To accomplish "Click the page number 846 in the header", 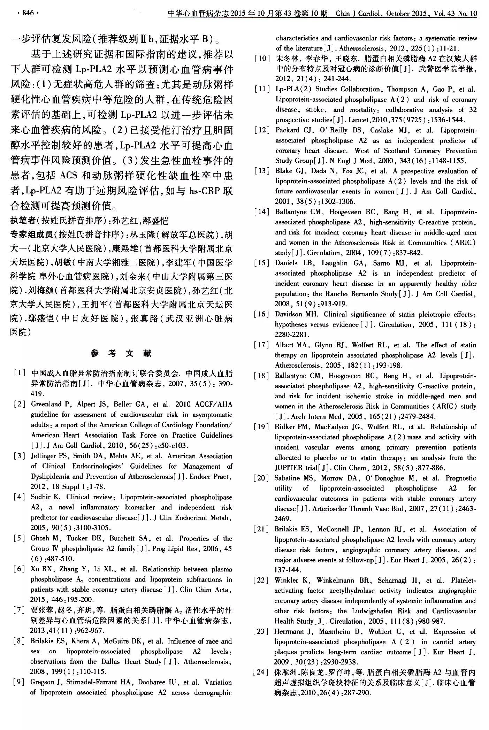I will click(x=28, y=13).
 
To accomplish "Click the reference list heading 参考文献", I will click(x=121, y=353).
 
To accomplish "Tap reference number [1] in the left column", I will click(x=20, y=373).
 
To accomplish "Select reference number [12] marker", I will click(x=262, y=130).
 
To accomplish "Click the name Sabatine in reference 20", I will click(x=288, y=478).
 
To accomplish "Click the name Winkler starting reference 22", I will click(x=286, y=581).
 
